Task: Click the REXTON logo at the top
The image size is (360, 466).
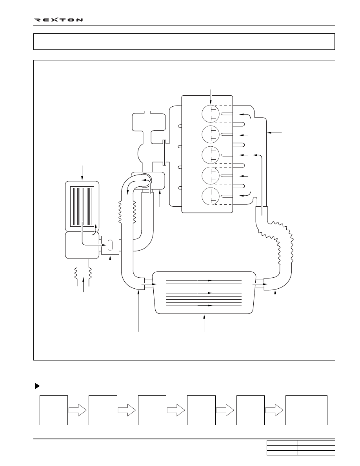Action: (x=58, y=20)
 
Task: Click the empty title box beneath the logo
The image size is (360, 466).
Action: (x=184, y=42)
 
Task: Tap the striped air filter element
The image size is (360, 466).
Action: (x=82, y=206)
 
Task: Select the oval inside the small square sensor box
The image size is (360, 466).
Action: (x=110, y=245)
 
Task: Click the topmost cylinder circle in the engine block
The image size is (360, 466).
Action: (x=211, y=113)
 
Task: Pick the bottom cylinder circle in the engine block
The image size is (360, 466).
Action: (x=211, y=196)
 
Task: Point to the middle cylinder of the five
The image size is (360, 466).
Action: (x=211, y=155)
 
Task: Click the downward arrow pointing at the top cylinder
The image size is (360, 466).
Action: (x=211, y=97)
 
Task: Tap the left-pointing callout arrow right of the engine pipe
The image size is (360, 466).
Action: (x=275, y=133)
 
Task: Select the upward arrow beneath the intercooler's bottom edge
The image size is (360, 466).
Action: (x=204, y=323)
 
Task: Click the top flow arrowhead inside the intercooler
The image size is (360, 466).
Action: (x=210, y=280)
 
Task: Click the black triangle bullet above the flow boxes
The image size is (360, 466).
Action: (x=37, y=386)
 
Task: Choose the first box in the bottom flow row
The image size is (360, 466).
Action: (x=54, y=410)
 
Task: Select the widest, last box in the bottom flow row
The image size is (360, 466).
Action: (x=306, y=410)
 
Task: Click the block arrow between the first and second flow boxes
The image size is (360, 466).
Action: (x=78, y=410)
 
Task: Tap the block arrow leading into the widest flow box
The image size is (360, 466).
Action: (x=275, y=410)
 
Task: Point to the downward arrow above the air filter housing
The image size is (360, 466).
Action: (x=82, y=172)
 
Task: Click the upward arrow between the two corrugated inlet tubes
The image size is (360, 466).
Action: (x=84, y=285)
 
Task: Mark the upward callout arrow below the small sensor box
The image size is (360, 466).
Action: (x=110, y=276)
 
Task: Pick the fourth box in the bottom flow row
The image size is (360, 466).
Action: (x=201, y=410)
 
